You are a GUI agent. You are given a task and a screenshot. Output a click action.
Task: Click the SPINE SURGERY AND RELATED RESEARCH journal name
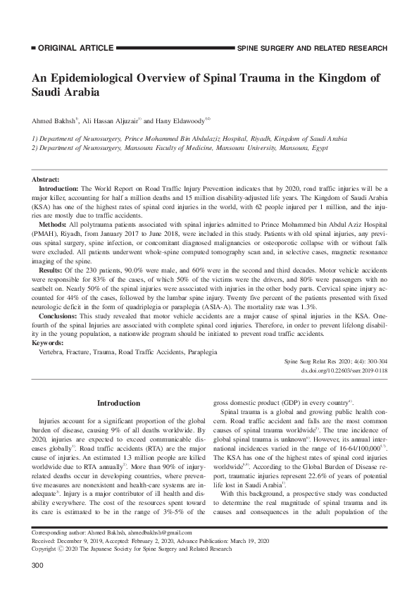(312, 49)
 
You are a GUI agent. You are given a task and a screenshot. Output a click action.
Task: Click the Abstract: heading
(46, 181)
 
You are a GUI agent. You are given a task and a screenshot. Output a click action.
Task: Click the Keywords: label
(48, 343)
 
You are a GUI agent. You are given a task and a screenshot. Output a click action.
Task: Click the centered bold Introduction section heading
(118, 403)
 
